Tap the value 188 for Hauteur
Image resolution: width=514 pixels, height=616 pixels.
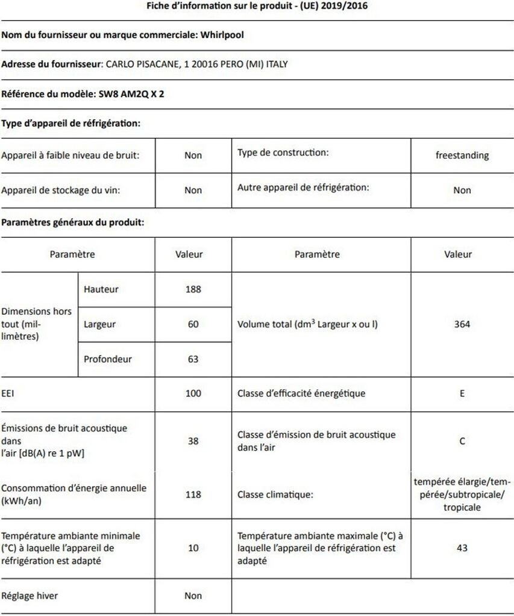tap(193, 289)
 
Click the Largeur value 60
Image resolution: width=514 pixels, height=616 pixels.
tap(193, 324)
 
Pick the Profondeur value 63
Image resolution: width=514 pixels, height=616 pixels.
tap(193, 359)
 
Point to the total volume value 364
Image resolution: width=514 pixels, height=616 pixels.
tap(462, 324)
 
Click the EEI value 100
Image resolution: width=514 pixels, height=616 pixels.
tap(193, 393)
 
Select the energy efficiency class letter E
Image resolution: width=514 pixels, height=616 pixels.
tap(462, 393)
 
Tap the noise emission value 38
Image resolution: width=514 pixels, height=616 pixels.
tap(193, 441)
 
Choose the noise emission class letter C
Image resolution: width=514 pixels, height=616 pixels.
tap(462, 441)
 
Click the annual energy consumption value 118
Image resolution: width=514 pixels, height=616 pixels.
tap(193, 494)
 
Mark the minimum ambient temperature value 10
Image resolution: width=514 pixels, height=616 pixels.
tap(193, 548)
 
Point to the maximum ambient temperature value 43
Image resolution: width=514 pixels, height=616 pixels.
tap(462, 548)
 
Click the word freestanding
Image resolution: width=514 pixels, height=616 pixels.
tap(462, 155)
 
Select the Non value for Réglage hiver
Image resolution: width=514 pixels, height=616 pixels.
tap(193, 596)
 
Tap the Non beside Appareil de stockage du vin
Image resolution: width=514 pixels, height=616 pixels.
tap(193, 190)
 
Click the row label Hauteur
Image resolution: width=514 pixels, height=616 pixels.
tap(101, 289)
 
